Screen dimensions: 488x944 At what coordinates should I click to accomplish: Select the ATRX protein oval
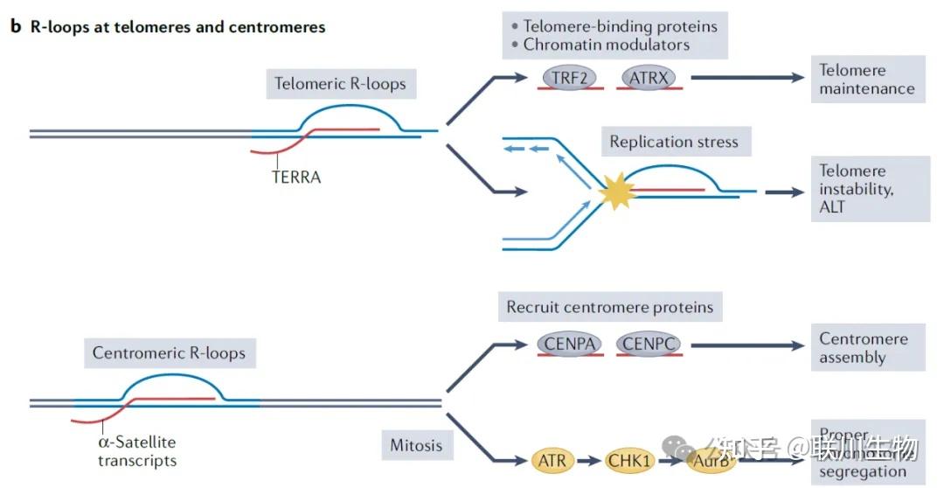coord(649,78)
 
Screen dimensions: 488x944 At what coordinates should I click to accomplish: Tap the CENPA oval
coord(570,344)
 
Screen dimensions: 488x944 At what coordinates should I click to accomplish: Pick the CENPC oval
coord(648,344)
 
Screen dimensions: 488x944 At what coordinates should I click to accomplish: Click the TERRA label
coord(295,178)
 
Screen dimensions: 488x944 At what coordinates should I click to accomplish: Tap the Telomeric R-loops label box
coord(340,84)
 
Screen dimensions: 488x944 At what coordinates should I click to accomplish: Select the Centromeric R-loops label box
coord(169,354)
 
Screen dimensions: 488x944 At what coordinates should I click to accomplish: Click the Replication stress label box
coord(673,142)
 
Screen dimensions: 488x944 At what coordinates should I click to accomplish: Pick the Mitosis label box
coord(416,445)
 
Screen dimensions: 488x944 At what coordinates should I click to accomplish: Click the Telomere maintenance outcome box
coord(866,80)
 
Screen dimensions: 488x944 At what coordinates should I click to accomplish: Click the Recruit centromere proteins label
coord(609,307)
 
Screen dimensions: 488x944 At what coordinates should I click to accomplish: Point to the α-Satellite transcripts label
coord(136,451)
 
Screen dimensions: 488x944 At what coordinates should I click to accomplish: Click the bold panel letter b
coord(15,27)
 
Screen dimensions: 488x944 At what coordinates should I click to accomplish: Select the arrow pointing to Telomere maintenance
coord(747,78)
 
